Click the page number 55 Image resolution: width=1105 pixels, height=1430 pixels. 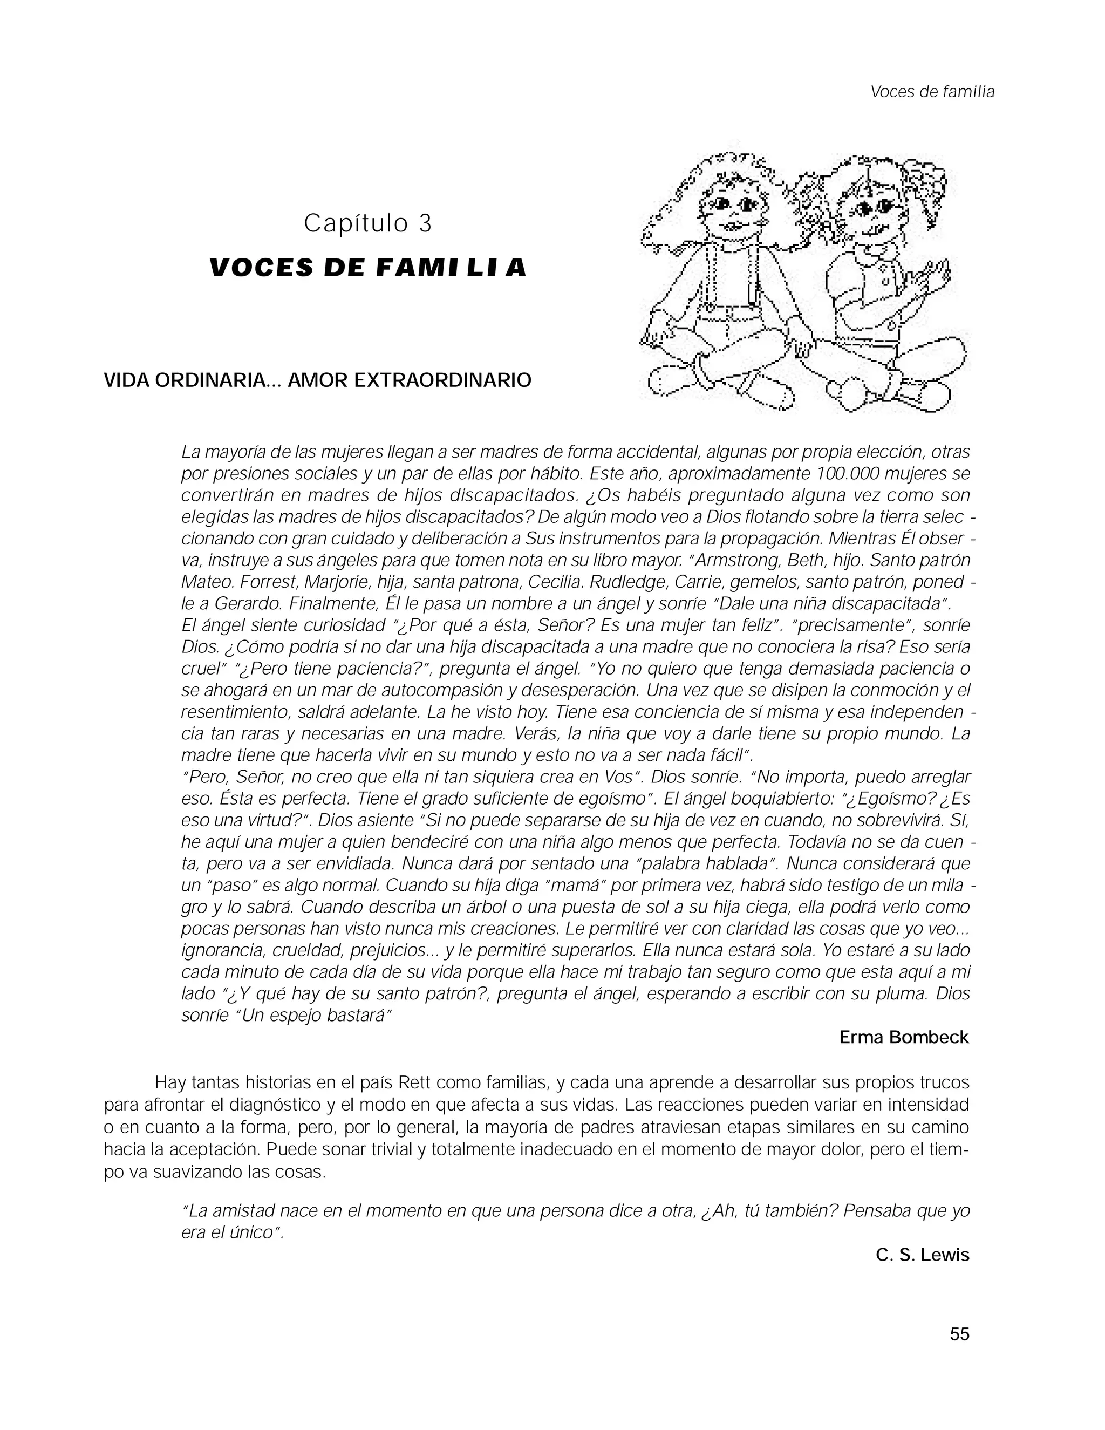tap(959, 1334)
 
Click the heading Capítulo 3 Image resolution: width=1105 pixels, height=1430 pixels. tap(368, 224)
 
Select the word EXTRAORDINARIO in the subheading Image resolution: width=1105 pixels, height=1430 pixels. tap(442, 380)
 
